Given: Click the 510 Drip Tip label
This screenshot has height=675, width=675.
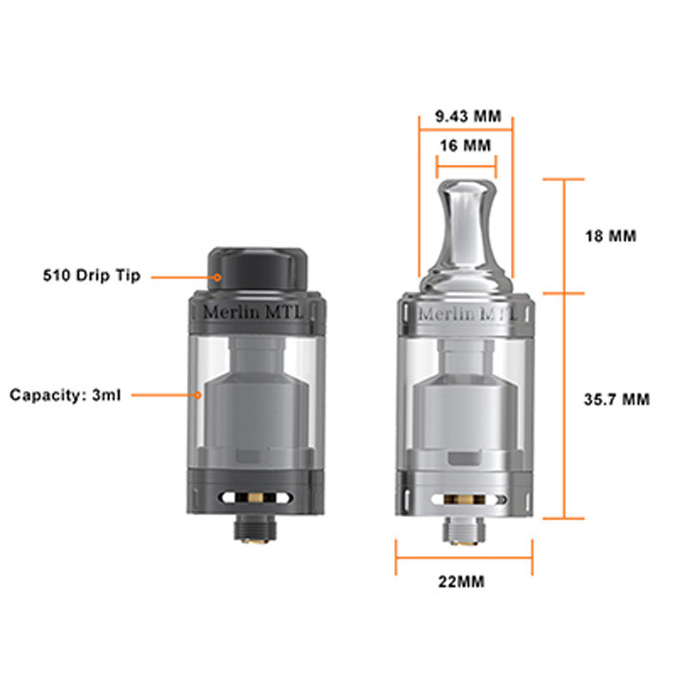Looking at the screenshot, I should tap(92, 276).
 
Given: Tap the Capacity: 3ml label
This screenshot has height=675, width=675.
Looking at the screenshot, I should tap(66, 395).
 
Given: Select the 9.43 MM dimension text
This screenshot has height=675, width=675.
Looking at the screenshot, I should tap(468, 116).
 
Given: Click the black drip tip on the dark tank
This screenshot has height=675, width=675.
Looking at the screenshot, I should tap(256, 265).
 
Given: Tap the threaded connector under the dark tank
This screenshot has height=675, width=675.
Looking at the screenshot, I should tap(256, 527).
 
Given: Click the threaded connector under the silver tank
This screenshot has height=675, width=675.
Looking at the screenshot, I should tap(464, 529).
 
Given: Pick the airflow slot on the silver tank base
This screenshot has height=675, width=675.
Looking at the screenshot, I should tap(464, 500).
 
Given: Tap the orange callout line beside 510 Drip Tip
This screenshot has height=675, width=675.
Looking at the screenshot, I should tap(183, 277).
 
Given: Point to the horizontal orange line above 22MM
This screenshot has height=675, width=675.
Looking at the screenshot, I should tap(464, 556).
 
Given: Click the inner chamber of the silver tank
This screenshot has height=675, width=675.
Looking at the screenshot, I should tap(464, 405).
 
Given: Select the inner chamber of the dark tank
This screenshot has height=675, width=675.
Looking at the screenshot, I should tap(256, 405).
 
